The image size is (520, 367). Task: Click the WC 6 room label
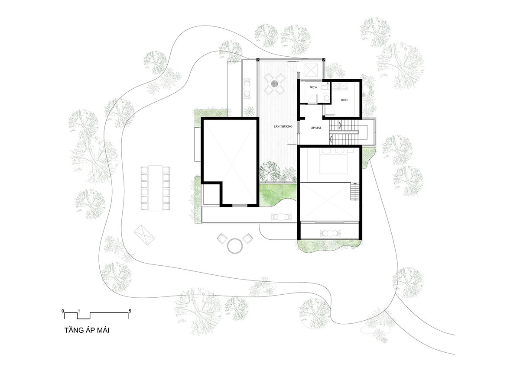(x=313, y=87)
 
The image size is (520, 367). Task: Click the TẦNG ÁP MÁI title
(x=87, y=331)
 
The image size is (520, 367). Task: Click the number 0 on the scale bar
(x=63, y=311)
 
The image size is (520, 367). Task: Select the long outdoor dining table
(x=154, y=188)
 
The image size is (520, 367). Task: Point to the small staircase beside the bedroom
(x=355, y=191)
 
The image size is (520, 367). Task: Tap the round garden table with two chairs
(x=234, y=245)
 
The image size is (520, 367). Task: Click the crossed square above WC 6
(x=311, y=69)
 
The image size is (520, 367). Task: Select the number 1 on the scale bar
(x=79, y=311)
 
